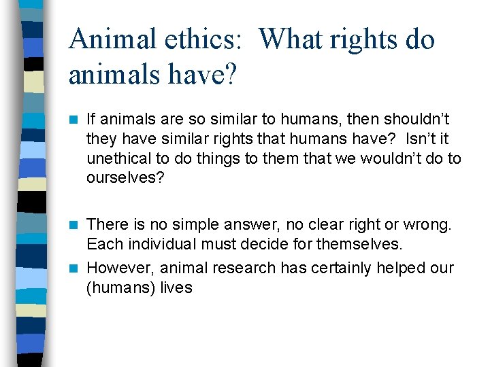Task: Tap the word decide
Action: pos(246,243)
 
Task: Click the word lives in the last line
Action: pos(176,287)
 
